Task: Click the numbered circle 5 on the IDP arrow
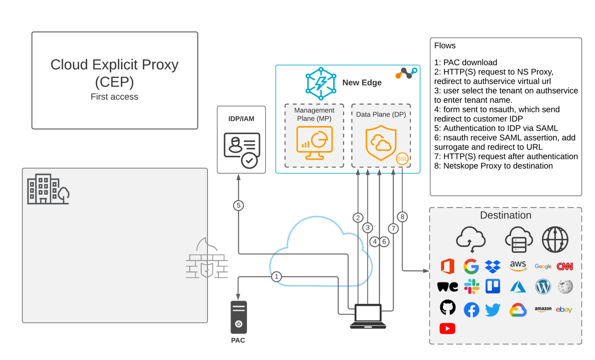pos(239,205)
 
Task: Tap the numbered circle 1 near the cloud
pos(276,277)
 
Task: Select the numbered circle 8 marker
pos(402,217)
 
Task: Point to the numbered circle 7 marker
pos(393,228)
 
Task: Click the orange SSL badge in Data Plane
pos(402,158)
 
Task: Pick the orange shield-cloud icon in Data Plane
pos(381,143)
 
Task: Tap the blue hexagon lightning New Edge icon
pos(321,83)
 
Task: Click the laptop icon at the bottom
pos(368,316)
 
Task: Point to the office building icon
pos(48,189)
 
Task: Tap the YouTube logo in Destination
pos(447,329)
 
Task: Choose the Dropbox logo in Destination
pos(493,267)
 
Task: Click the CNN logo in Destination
pos(565,267)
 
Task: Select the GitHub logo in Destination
pos(448,308)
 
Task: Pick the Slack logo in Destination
pos(471,286)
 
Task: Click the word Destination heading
pos(506,215)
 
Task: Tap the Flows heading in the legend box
pos(445,46)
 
